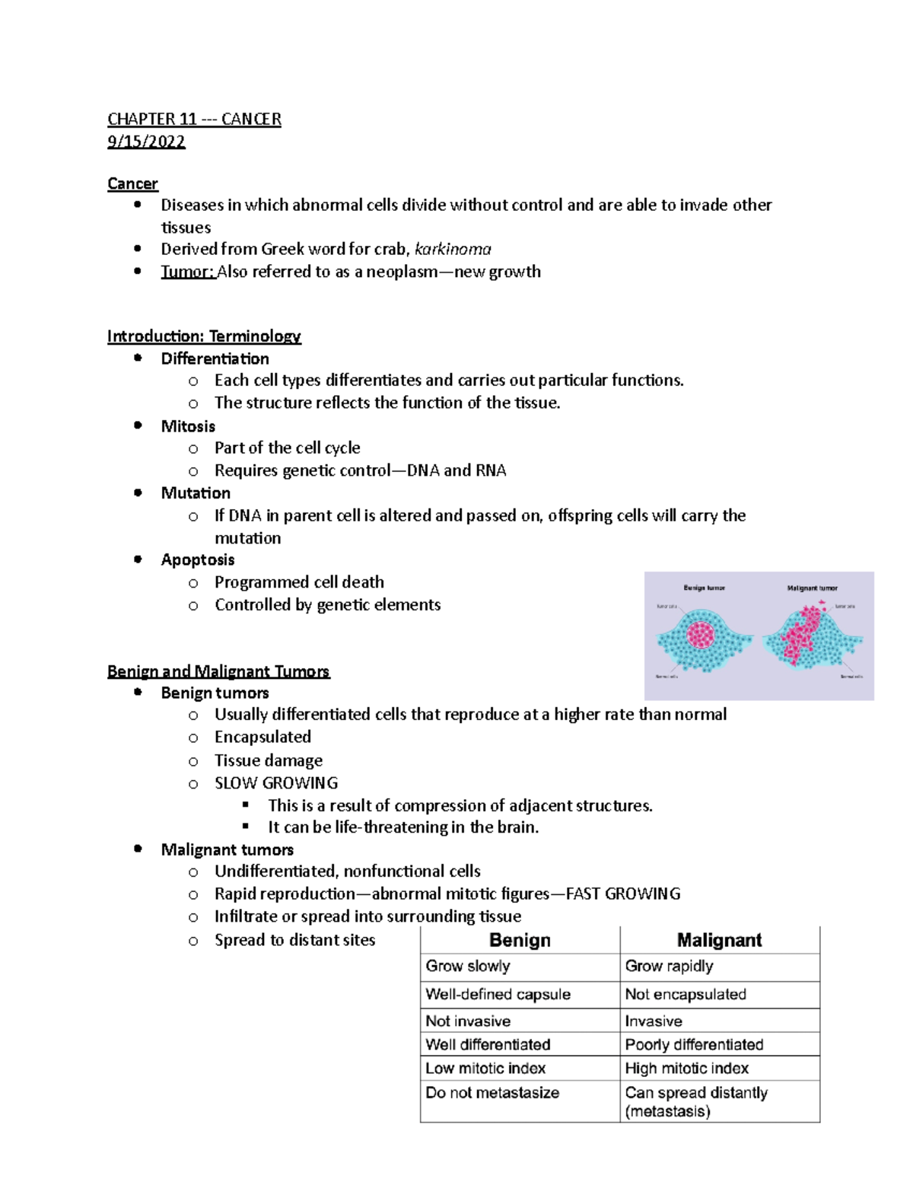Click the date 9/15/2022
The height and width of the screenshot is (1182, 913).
point(146,142)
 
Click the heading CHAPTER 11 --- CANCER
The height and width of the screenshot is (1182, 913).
point(194,119)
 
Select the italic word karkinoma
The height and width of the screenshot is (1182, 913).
point(453,249)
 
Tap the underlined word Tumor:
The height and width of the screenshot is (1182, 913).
point(187,272)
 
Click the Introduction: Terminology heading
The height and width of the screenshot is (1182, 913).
point(204,336)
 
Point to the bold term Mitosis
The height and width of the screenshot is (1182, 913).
point(188,426)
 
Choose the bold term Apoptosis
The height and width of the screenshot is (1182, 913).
point(197,559)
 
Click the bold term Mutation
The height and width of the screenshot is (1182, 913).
point(196,492)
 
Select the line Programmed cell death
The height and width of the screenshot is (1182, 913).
point(299,582)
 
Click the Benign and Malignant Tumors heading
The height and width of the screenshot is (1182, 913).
point(218,671)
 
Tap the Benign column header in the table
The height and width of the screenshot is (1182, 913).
point(520,940)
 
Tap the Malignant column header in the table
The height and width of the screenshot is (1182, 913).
point(719,940)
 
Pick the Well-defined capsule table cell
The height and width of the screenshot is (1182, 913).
point(498,994)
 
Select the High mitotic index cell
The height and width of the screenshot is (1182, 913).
point(686,1068)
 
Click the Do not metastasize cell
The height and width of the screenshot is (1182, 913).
point(492,1092)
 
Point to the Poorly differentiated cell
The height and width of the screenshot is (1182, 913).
point(694,1044)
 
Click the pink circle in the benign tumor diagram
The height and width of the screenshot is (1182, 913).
point(701,634)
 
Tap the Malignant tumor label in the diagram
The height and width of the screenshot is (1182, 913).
point(812,588)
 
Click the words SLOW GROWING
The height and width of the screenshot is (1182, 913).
point(276,782)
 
